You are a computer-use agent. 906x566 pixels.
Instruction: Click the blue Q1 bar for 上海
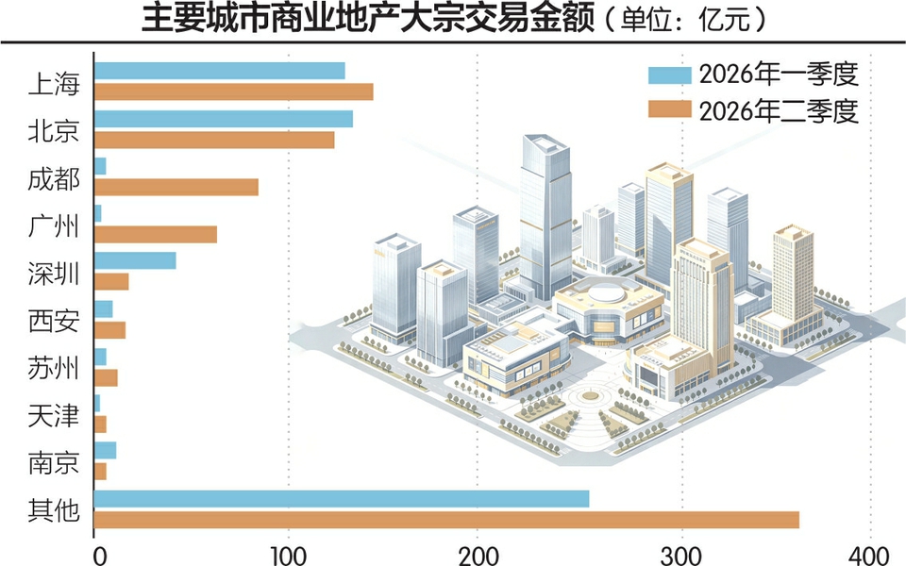coord(220,71)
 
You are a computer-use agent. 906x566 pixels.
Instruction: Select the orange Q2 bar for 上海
coord(233,92)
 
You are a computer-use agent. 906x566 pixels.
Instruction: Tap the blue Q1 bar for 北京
coord(224,119)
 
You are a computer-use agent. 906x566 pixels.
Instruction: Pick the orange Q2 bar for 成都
coord(176,187)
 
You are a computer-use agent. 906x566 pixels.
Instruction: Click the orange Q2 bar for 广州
coord(156,235)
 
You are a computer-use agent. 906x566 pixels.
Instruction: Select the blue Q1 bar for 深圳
coord(135,260)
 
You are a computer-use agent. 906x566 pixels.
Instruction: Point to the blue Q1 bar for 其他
coord(342,499)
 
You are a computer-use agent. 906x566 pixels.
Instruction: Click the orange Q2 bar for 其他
coord(446,520)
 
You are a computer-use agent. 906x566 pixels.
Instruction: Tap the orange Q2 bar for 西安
coord(109,330)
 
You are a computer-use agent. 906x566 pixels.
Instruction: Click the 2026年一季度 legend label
coord(779,75)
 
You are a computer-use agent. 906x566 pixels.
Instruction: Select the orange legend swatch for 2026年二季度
coord(670,109)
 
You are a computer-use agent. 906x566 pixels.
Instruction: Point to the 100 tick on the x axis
coord(289,556)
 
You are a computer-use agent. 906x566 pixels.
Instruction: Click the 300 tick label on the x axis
coord(681,556)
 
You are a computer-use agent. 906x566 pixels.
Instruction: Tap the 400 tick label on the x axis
coord(869,556)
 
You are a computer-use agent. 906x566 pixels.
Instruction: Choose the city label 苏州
coord(54,368)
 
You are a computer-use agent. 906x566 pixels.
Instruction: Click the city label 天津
coord(54,415)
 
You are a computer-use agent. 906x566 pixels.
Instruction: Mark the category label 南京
coord(54,462)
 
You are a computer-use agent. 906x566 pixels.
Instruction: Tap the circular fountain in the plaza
coord(590,396)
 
